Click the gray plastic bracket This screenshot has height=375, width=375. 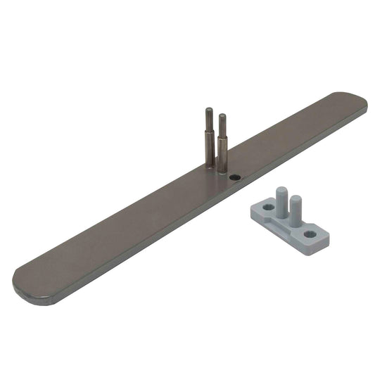288,222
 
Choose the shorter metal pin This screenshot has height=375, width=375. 223,141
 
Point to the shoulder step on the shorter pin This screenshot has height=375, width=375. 223,136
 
